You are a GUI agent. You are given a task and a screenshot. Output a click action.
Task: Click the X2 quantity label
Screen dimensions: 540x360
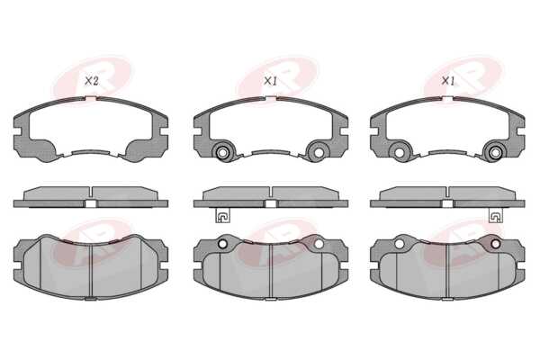[x=92, y=81]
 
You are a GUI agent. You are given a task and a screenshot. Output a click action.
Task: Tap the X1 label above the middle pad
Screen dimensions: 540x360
[x=270, y=81]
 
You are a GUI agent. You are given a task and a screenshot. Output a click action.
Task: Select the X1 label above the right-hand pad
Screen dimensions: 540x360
[x=448, y=81]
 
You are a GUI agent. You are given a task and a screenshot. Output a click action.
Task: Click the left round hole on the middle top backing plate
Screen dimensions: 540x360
[x=222, y=152]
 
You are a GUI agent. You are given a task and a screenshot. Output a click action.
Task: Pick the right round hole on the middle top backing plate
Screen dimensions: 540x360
[x=319, y=152]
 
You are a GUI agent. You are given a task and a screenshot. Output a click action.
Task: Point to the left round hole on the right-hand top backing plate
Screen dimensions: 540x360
[x=400, y=152]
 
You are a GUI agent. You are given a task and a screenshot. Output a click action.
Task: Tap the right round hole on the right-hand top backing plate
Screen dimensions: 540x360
[x=496, y=152]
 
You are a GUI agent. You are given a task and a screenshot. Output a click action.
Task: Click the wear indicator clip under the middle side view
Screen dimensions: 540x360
[x=222, y=216]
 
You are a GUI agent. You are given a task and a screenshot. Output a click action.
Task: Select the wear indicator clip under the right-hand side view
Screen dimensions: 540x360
[x=496, y=216]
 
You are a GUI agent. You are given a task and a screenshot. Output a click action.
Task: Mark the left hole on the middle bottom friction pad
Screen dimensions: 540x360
[x=222, y=244]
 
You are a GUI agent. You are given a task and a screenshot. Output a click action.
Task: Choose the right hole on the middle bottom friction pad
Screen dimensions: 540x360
[x=319, y=244]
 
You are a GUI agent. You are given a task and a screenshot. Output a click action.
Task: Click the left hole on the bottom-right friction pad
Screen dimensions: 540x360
[x=400, y=244]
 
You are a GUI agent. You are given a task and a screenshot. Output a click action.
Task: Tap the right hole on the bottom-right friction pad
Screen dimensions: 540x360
[x=496, y=244]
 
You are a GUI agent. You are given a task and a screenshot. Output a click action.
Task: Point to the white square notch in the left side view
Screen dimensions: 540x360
[x=91, y=203]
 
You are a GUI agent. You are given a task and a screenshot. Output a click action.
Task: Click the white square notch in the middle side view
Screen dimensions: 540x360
[x=271, y=203]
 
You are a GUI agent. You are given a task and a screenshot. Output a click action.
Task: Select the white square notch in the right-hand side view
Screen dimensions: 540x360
[x=447, y=203]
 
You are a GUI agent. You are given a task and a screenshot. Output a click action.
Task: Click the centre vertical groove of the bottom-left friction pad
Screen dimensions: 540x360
[x=91, y=271]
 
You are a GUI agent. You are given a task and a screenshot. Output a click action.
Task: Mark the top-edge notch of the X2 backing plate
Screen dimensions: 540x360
[x=91, y=98]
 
